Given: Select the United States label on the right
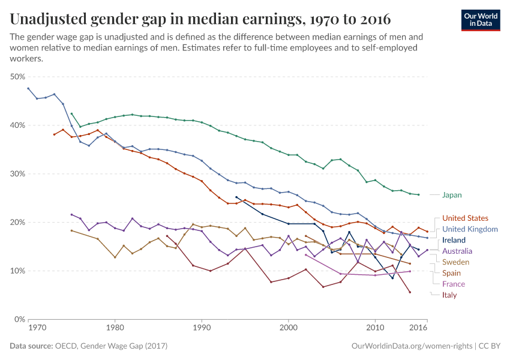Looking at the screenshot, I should [x=465, y=218].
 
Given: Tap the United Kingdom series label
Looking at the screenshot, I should [x=470, y=229].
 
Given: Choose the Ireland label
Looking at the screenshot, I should [x=454, y=240].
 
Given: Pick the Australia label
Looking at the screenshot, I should [x=457, y=251].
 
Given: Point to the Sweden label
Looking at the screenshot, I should [x=455, y=262].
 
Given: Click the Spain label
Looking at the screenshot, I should [x=452, y=273].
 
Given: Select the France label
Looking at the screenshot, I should [x=454, y=284].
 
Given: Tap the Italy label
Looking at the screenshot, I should [x=449, y=295].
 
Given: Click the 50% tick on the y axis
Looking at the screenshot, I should [x=17, y=77].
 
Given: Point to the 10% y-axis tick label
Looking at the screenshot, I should [x=17, y=271].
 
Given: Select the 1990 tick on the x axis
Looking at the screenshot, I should [x=202, y=328].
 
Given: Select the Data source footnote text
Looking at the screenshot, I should [x=89, y=346].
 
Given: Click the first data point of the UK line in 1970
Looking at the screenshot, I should [x=28, y=88].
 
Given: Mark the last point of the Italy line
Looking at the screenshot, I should [x=410, y=292].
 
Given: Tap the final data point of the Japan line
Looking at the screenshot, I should [x=418, y=194].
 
